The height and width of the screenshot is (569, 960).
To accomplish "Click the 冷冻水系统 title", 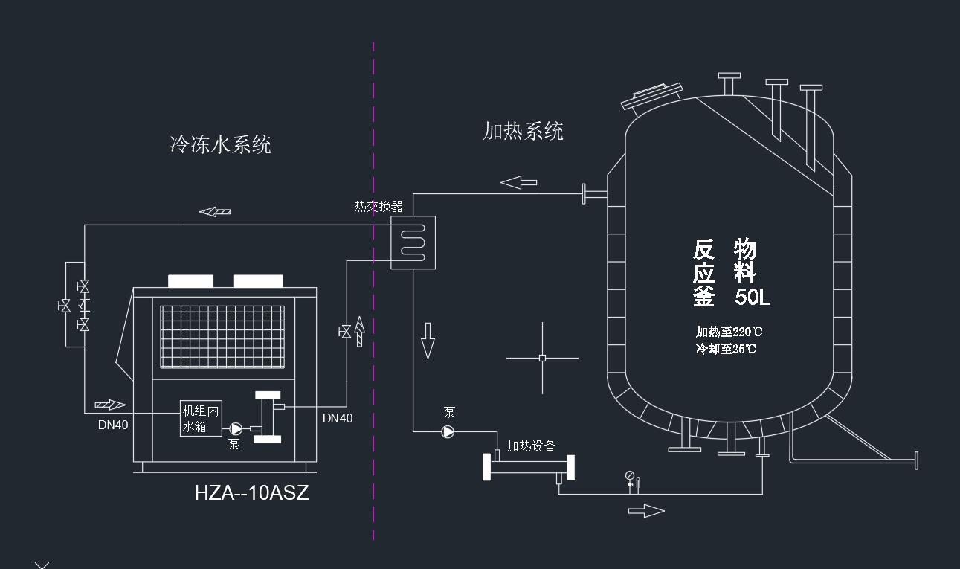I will pos(221,144).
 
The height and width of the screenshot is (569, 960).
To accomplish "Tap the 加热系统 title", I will pos(523,132).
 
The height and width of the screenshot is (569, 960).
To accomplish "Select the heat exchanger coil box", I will pos(413,242).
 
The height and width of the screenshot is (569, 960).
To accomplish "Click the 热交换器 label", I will pos(378,206).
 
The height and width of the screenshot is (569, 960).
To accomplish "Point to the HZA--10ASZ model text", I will pos(251,492).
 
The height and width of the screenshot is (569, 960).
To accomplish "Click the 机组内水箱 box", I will pos(201,419).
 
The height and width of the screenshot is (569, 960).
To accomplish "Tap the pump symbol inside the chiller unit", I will pos(236,428).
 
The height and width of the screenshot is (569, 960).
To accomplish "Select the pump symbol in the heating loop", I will pos(448,431).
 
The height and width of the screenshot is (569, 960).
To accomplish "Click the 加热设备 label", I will pos(531,446).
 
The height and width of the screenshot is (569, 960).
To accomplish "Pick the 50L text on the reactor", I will pos(753,298).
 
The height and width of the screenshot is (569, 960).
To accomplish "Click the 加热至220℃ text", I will pos(729,332).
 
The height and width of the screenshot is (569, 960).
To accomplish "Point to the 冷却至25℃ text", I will pos(726,348).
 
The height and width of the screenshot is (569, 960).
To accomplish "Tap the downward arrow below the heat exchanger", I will pos(428,341).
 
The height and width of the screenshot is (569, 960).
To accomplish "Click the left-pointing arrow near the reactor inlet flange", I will pos(518,181).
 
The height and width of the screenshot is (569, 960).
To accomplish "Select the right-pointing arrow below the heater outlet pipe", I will pos(646,510).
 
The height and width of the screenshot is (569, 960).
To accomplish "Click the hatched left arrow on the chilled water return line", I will pos(215,212).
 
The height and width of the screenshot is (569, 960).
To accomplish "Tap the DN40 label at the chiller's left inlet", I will pos(113,425).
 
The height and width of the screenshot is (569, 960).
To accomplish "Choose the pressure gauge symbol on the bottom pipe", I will pos(630,476).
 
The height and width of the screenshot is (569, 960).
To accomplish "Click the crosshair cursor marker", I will pos(542,359).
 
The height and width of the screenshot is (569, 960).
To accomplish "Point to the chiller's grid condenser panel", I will pos(223,336).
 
